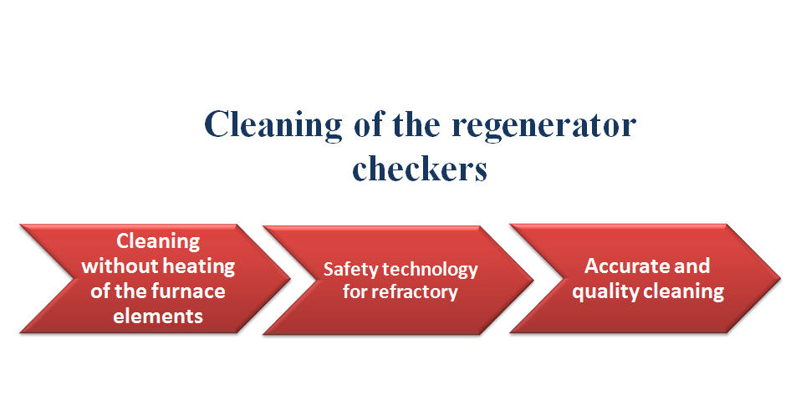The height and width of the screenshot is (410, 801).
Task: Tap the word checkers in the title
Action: pyautogui.click(x=420, y=169)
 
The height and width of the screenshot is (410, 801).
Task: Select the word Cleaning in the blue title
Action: pyautogui.click(x=273, y=125)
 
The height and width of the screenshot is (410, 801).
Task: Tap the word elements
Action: pyautogui.click(x=158, y=316)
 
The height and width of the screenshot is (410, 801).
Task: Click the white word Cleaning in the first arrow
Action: pyautogui.click(x=158, y=241)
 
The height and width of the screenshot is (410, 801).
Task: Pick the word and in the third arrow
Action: pyautogui.click(x=691, y=266)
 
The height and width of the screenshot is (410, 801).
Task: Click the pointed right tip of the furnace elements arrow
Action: pyautogui.click(x=290, y=278)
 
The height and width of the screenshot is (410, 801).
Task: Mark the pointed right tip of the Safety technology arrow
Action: pyautogui.click(x=533, y=280)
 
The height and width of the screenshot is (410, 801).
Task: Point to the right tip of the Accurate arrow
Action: pyautogui.click(x=780, y=278)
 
